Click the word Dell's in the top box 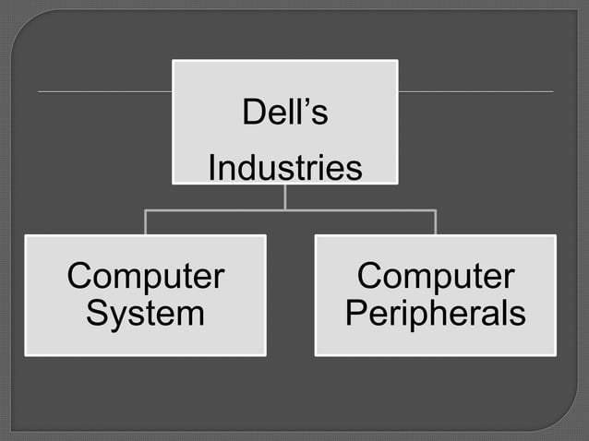pos(284,113)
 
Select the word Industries pos(284,169)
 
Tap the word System pos(145,314)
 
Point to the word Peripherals pos(435,314)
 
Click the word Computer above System pos(145,277)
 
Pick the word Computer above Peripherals pos(435,277)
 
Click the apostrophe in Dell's pos(309,104)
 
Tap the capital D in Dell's pos(252,113)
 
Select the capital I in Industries pos(212,169)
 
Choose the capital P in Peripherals pos(356,314)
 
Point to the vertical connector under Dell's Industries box pos(285,197)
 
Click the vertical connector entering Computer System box pos(145,222)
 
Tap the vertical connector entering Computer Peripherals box pos(435,222)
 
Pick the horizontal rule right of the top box pos(475,92)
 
